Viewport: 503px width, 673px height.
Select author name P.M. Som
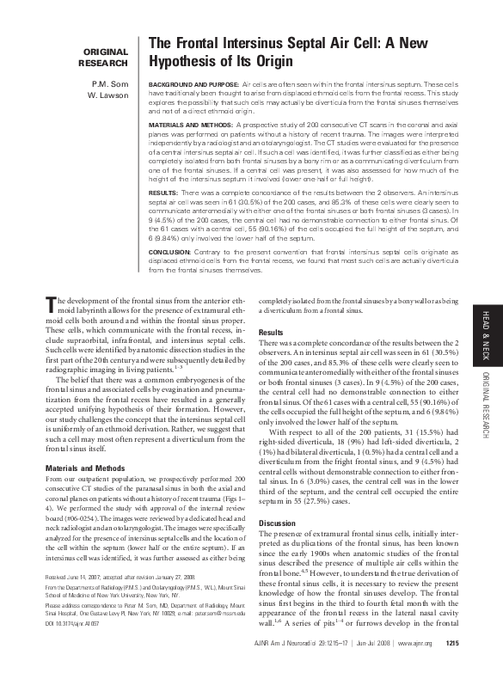113,84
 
